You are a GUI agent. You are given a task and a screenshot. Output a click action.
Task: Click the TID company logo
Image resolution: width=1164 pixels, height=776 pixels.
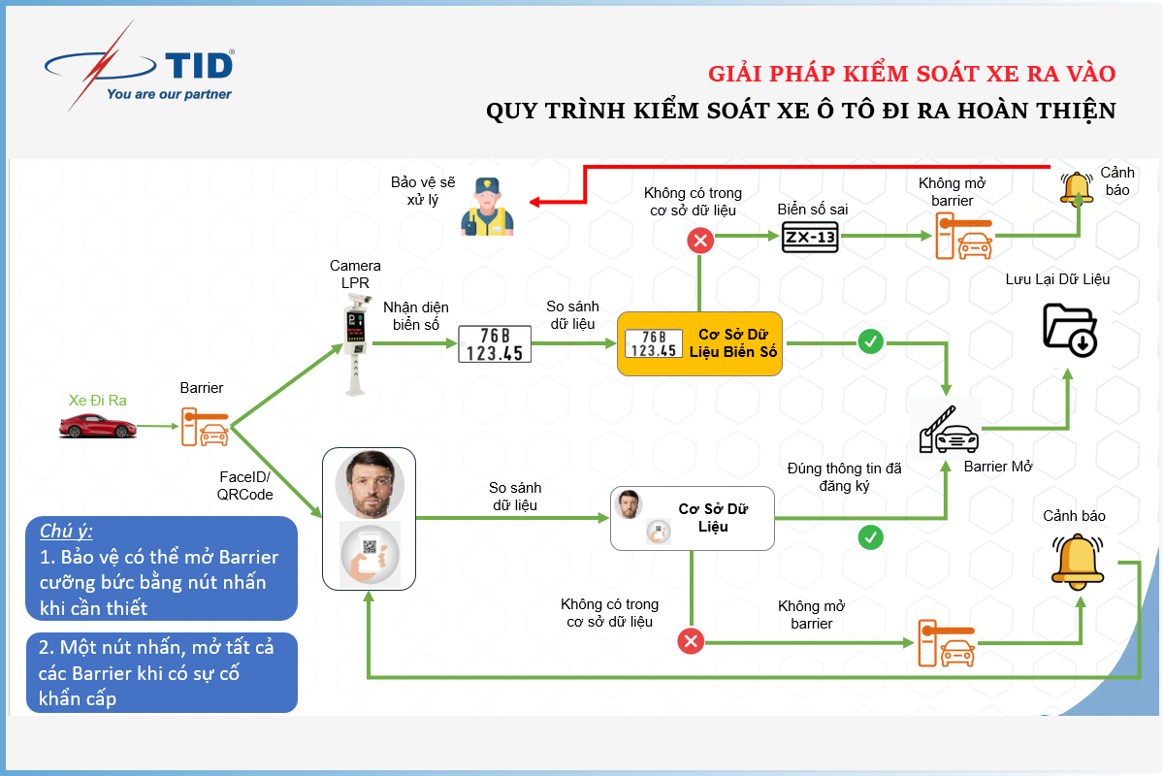point(140,66)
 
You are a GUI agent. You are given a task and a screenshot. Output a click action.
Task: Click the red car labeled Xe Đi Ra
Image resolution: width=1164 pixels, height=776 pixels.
point(98,426)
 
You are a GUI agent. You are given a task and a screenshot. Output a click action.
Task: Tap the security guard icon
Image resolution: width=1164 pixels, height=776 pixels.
point(487,207)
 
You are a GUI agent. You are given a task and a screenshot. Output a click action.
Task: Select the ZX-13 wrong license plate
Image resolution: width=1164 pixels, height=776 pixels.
point(810,238)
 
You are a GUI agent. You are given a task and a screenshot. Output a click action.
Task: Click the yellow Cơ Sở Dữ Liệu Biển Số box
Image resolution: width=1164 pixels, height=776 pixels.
point(699,343)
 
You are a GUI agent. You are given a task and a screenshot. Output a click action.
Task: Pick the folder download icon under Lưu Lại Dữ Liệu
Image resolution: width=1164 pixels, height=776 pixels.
point(1070,330)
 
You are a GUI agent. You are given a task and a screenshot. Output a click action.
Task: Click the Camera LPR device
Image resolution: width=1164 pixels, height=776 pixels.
point(357,343)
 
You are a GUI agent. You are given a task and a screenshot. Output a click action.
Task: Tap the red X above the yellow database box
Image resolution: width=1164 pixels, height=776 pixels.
point(700,241)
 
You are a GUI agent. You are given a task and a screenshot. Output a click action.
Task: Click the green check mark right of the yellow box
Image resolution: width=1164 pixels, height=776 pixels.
point(870,342)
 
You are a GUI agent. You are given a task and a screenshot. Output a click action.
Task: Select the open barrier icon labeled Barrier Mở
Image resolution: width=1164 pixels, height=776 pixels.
point(949,430)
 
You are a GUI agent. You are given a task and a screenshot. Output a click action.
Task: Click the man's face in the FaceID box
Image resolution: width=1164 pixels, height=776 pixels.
point(370,484)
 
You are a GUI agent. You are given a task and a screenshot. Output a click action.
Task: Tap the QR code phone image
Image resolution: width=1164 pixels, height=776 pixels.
point(370,555)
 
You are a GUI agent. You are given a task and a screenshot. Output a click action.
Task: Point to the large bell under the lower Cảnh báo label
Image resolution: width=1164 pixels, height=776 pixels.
point(1078,562)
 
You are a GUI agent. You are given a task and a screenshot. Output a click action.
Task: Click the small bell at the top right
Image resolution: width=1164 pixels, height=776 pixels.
point(1076,189)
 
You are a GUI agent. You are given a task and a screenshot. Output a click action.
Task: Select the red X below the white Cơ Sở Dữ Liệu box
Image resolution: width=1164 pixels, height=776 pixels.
point(691,641)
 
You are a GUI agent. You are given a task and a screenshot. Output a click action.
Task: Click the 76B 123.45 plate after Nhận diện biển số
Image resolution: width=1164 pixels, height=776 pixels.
point(494,344)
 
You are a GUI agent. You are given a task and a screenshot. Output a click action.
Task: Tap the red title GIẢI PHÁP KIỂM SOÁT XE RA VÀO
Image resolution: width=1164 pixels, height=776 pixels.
point(912,74)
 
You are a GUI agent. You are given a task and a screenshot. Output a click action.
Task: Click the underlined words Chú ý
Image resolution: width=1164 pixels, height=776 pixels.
point(66,532)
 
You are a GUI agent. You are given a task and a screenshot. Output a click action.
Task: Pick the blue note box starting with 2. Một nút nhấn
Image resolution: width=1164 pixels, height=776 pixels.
point(162,672)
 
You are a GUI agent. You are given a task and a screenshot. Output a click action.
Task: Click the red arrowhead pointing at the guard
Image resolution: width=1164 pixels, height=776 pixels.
point(534,202)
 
